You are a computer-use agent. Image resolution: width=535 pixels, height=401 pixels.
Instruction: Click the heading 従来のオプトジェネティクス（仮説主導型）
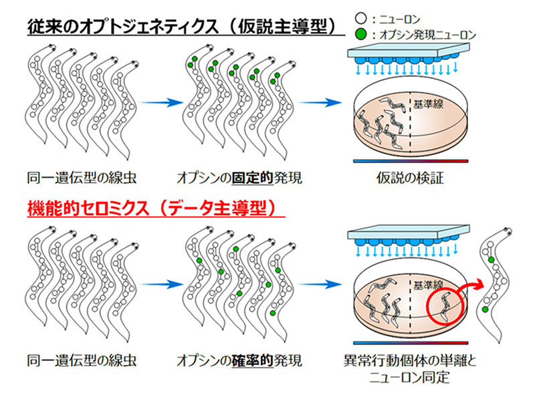181,27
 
